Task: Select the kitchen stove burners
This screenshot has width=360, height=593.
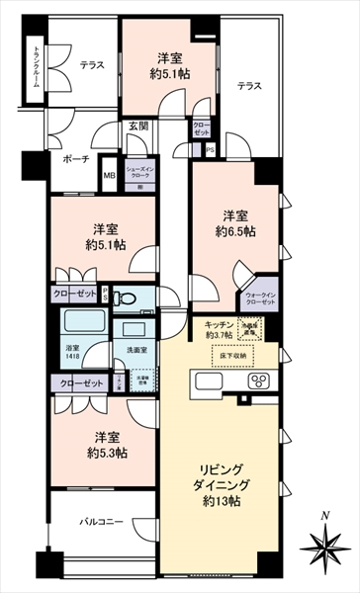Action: coord(264,381)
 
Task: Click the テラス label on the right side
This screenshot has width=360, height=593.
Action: coord(250,87)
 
